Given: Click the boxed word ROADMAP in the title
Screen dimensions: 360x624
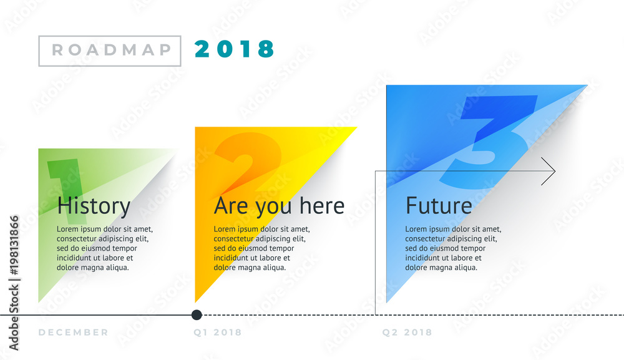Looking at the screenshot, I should click(x=110, y=51).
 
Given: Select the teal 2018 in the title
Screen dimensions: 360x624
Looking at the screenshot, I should click(x=235, y=49).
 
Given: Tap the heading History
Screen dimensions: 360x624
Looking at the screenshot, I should click(x=94, y=206).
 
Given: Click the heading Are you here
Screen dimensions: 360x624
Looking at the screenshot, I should click(x=279, y=206).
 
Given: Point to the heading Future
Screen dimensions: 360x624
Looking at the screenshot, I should click(x=439, y=206).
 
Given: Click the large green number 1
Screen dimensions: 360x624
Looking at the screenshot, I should click(x=67, y=187).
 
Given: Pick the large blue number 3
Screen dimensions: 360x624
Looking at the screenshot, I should click(x=493, y=140).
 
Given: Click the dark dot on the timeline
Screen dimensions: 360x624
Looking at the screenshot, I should click(x=197, y=314).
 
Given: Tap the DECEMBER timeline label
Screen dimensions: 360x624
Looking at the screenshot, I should click(x=74, y=333).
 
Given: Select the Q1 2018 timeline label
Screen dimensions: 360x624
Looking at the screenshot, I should click(x=217, y=333).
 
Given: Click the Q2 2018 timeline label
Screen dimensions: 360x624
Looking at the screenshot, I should click(x=407, y=333).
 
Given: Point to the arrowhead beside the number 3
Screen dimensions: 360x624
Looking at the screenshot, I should click(x=549, y=171).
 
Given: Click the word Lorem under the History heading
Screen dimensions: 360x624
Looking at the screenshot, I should click(x=68, y=229).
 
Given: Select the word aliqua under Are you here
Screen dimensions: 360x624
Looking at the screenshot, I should click(x=273, y=268).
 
